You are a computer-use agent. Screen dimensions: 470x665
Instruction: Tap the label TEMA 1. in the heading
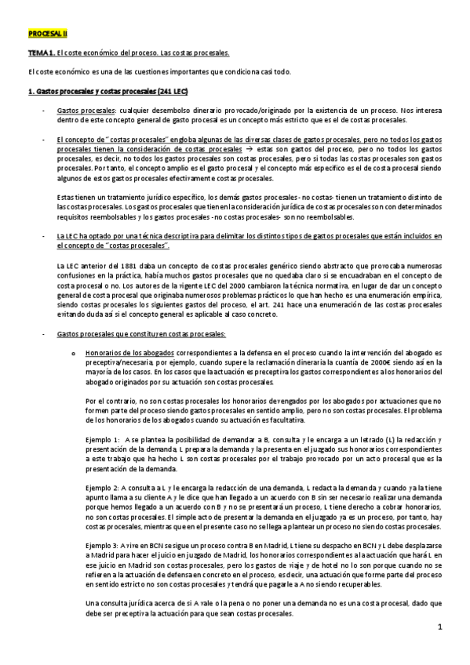pos(40,53)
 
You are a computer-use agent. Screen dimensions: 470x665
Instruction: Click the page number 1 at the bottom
pos(440,627)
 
